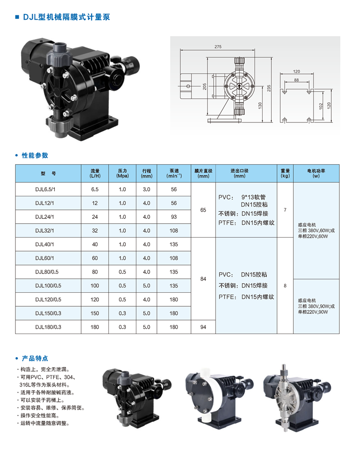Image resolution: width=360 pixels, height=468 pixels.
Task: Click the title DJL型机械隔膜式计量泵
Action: tap(66, 17)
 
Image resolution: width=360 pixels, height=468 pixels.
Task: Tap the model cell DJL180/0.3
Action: tap(48, 327)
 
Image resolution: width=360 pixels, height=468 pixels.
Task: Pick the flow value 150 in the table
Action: tap(95, 313)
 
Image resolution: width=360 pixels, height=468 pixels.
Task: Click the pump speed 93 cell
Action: tap(174, 217)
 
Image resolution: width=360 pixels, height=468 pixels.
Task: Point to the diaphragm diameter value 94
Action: tap(204, 327)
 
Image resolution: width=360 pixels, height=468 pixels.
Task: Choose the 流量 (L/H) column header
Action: tap(95, 173)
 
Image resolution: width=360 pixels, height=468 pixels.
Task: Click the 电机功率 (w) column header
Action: tap(316, 173)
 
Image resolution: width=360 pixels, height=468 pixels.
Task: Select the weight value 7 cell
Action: tap(285, 210)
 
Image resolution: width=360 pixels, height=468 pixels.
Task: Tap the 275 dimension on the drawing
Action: tap(218, 47)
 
